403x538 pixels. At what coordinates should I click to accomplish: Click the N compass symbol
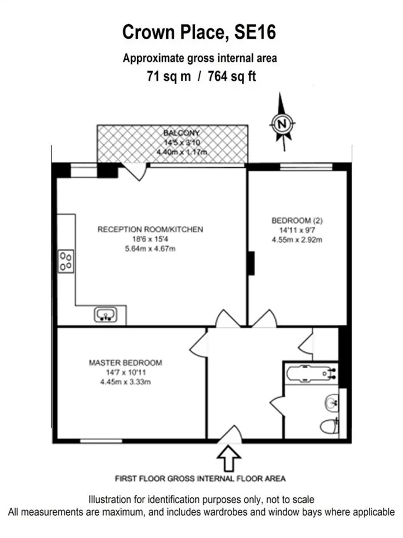[282, 123]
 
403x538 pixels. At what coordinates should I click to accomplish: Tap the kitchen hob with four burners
[66, 262]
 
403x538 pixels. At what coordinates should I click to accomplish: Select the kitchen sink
[106, 314]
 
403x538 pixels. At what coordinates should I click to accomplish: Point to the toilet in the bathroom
[329, 426]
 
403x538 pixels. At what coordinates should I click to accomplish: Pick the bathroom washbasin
[331, 402]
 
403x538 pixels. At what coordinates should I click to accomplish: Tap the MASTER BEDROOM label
[125, 363]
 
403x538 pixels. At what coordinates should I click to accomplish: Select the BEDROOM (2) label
[297, 221]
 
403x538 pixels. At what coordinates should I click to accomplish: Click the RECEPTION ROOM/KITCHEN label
[150, 229]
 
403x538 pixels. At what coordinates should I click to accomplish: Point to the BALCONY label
[181, 133]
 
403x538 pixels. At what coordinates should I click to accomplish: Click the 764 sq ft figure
[232, 76]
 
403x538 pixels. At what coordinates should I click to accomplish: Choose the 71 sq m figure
[169, 76]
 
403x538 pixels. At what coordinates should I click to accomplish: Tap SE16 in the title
[255, 33]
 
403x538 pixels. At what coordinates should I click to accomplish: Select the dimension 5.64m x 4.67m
[150, 248]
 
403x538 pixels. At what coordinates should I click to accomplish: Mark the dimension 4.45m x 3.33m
[125, 382]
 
